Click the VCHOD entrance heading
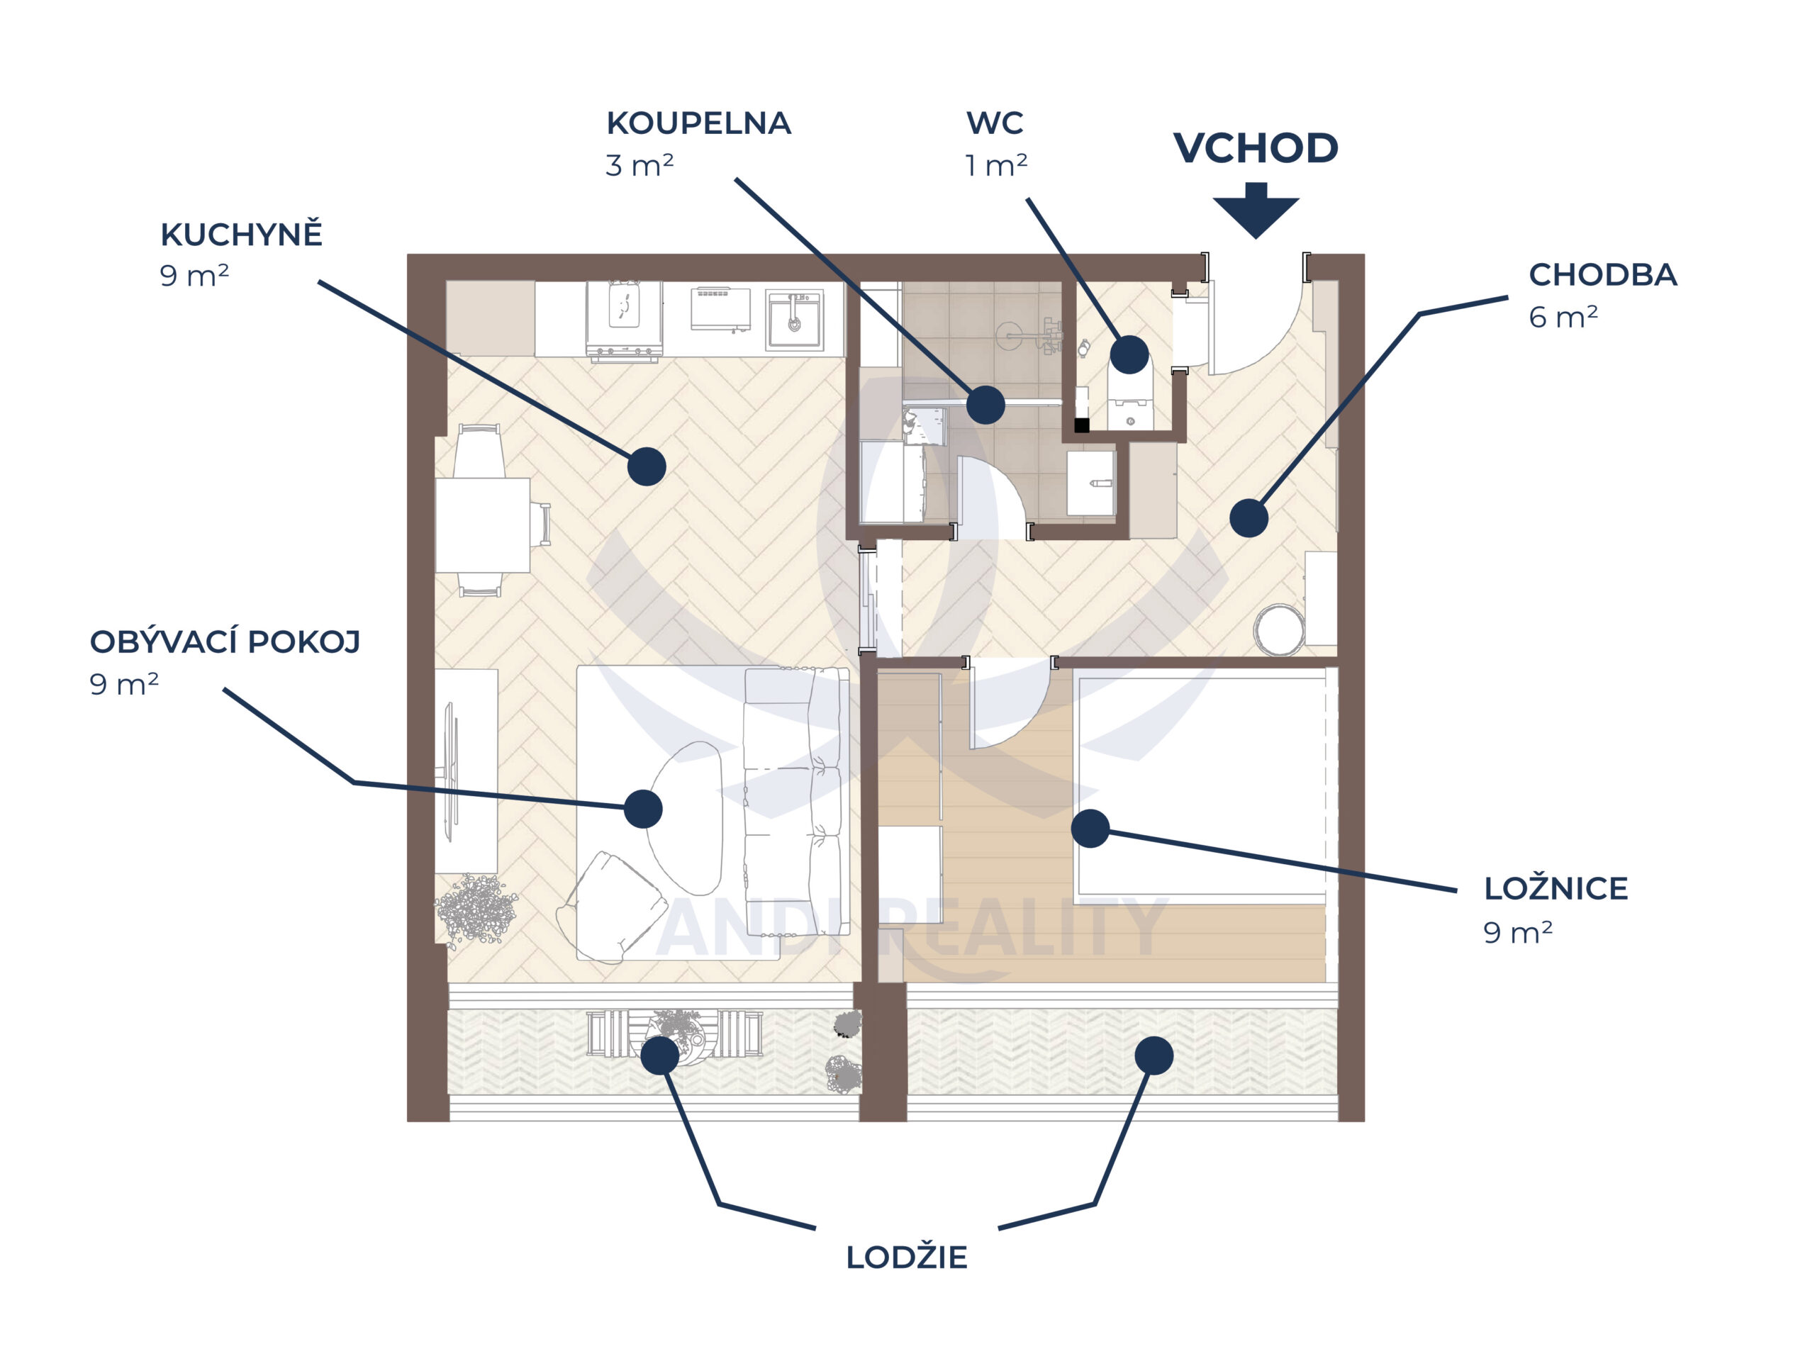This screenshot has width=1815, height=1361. (1256, 148)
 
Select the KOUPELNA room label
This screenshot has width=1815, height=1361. (698, 123)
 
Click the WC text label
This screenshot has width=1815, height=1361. (995, 123)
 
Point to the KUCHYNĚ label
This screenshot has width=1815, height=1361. (241, 235)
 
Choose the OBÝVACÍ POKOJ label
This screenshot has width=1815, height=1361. (225, 642)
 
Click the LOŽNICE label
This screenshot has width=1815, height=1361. (1556, 888)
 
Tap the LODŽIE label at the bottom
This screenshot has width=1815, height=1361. (907, 1257)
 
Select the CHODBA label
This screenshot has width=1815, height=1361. (1602, 275)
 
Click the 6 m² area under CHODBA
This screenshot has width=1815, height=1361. (1563, 317)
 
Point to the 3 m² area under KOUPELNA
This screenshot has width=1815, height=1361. (640, 166)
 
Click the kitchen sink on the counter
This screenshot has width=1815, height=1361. (793, 319)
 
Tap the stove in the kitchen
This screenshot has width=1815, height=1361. (624, 320)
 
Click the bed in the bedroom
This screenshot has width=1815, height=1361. (1202, 783)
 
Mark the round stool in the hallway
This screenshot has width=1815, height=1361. (1278, 629)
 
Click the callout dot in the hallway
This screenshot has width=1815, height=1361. (1248, 517)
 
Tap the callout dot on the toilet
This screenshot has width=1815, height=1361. (1129, 354)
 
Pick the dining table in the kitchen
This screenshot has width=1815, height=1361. (483, 525)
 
